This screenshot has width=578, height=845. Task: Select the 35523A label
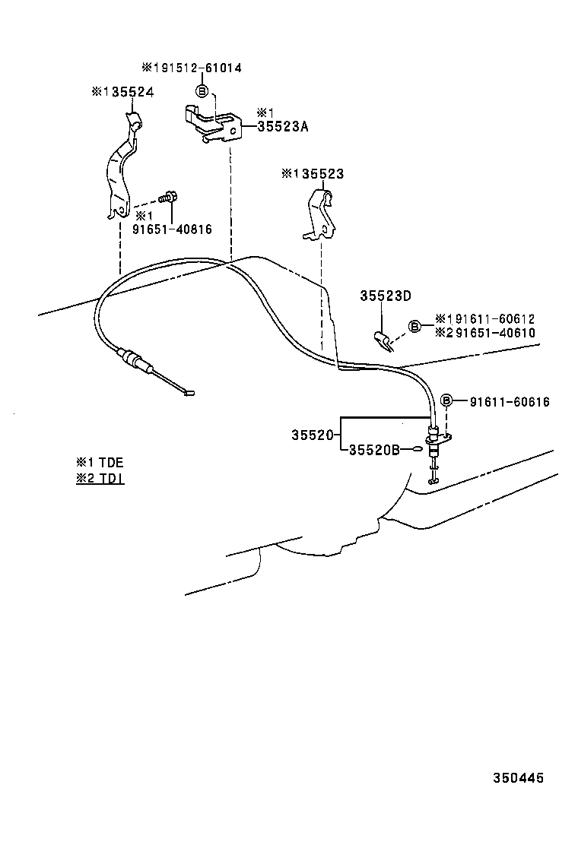pos(282,127)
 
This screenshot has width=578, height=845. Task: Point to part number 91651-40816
pos(173,229)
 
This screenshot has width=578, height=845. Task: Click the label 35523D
pos(386,296)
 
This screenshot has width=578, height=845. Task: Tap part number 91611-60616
pos(510,402)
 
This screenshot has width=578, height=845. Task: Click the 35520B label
pos(374,450)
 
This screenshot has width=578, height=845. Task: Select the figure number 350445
pos(518,778)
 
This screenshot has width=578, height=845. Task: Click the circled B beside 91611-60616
pos(446,400)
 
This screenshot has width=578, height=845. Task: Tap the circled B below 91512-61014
pos(201,91)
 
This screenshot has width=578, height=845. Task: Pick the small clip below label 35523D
pos(384,341)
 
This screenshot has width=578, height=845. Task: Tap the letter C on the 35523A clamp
pos(233,131)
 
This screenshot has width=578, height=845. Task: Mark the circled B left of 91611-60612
pos(414,326)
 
